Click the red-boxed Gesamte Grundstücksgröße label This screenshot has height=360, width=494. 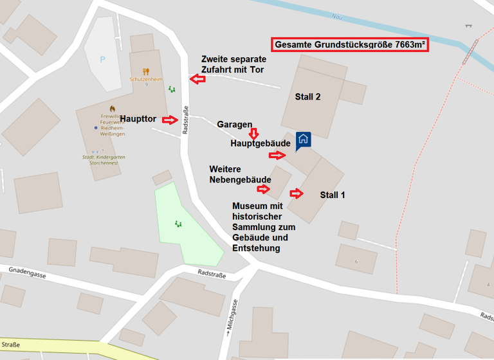tap(351, 45)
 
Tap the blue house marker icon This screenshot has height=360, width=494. tap(303, 139)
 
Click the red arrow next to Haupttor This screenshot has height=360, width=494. tap(170, 120)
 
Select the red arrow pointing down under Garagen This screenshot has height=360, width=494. tap(253, 133)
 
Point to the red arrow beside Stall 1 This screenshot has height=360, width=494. tap(297, 193)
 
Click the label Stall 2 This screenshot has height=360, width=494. tap(307, 97)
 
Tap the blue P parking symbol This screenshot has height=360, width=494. tap(102, 59)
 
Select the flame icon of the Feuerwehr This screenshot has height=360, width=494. tap(112, 109)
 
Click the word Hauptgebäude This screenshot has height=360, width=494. tap(261, 143)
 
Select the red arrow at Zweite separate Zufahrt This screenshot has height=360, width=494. tap(197, 79)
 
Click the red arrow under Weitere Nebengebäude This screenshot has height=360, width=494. tap(263, 189)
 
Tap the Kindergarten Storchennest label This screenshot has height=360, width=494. tap(104, 159)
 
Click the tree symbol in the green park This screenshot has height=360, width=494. tap(178, 224)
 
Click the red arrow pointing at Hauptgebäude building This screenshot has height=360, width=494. tap(277, 155)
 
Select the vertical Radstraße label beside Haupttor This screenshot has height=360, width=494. tap(185, 120)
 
